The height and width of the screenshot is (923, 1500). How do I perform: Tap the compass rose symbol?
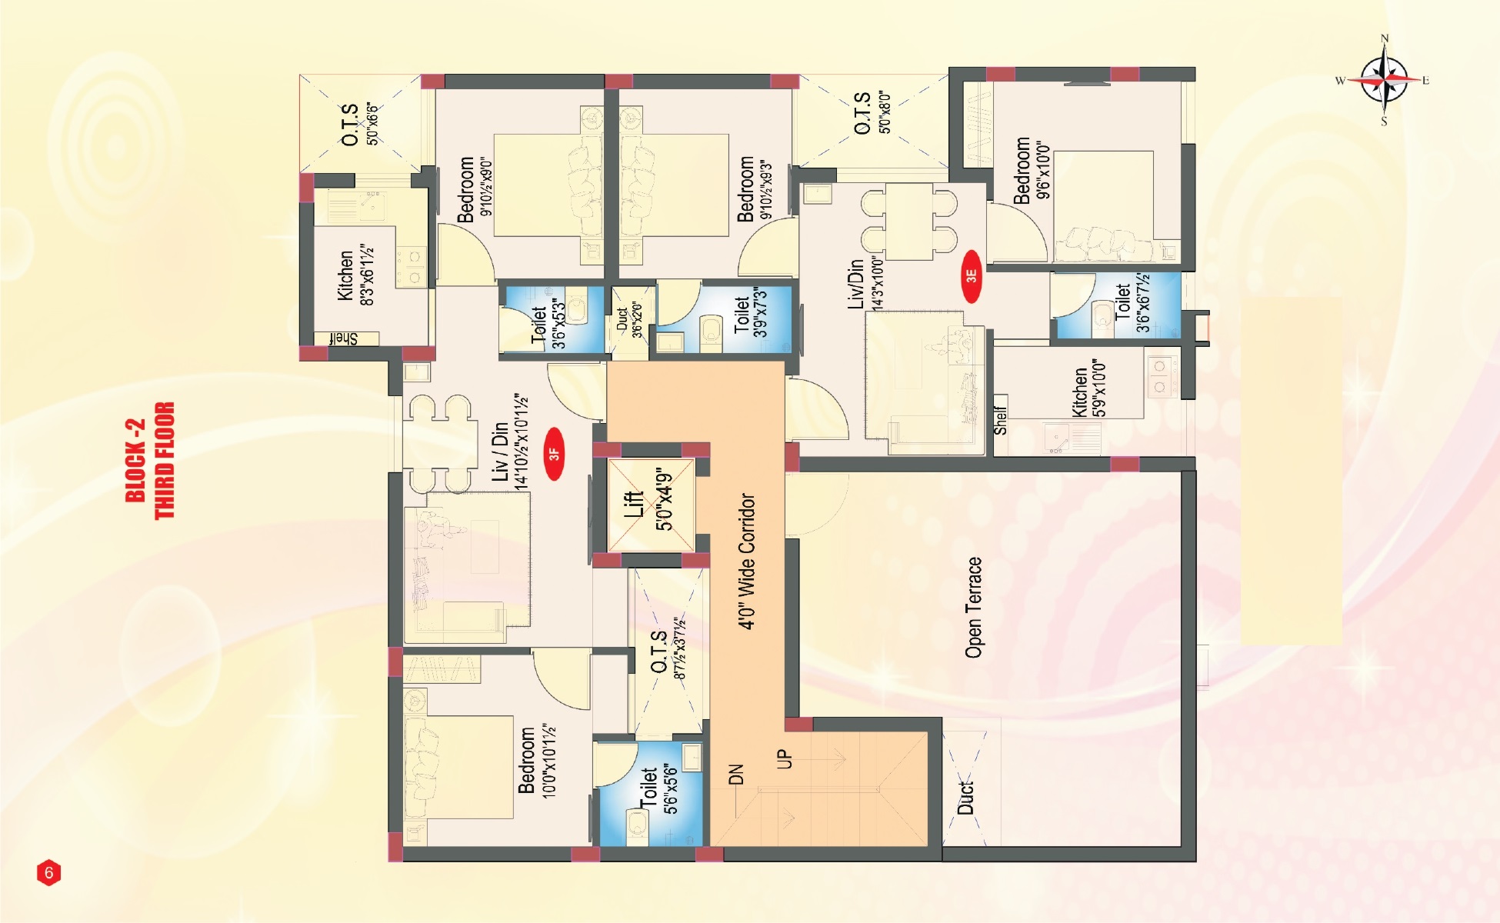[1384, 80]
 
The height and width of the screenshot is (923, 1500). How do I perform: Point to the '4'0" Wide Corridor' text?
[746, 561]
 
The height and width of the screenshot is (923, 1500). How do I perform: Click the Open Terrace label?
[974, 608]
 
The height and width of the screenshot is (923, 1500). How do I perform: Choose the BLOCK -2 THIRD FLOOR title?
[150, 461]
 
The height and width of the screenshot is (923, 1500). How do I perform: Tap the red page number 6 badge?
[48, 873]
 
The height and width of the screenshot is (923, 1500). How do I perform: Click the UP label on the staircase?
[784, 758]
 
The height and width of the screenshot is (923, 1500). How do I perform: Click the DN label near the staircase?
[736, 774]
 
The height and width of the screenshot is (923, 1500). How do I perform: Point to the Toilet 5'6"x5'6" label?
[658, 790]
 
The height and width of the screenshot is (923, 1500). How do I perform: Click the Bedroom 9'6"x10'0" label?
[1031, 170]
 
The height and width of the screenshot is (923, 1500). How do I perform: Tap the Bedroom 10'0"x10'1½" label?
[537, 760]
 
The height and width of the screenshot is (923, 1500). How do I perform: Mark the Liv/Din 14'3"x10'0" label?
[865, 284]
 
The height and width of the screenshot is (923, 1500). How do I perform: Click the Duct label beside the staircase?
[966, 798]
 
